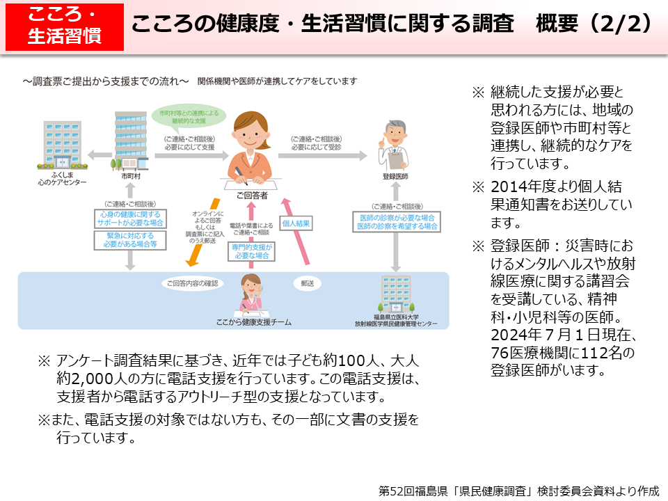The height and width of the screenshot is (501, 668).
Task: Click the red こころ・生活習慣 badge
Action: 64,26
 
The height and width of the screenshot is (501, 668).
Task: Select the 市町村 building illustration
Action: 131,141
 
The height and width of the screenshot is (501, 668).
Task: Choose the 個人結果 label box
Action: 296,223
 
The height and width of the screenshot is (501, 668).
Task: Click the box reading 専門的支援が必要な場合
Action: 250,252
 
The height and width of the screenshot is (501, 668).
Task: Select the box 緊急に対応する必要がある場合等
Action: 131,240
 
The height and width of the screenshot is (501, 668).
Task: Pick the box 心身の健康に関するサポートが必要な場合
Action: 131,218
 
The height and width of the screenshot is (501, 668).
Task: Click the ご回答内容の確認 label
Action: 192,284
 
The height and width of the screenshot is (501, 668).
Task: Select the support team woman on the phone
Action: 250,295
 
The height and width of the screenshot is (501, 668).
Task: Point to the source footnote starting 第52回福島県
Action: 518,490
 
